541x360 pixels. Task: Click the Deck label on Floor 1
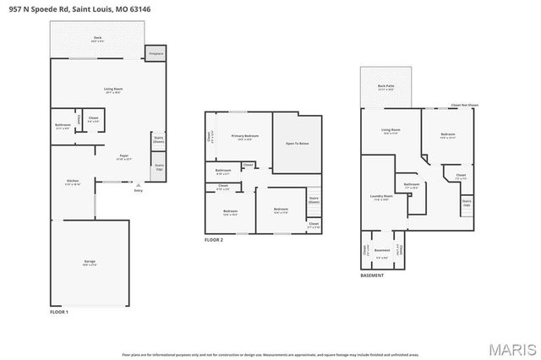tap(98, 39)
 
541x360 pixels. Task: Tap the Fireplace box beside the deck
tap(156, 53)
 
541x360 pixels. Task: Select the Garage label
tap(89, 262)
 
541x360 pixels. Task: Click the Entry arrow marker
tap(138, 188)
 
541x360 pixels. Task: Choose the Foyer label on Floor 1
tap(123, 155)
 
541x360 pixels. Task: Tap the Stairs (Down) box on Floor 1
tap(158, 140)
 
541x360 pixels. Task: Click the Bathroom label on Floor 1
tap(63, 126)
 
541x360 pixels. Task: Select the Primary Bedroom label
tap(245, 136)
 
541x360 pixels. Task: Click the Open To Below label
tap(297, 144)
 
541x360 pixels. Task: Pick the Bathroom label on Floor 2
tap(223, 172)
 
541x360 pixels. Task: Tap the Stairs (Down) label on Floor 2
tap(314, 200)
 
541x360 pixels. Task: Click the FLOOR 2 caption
tap(214, 240)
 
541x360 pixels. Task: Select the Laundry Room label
tap(380, 198)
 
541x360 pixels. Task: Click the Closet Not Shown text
tap(465, 106)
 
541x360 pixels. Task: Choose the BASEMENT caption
tap(372, 275)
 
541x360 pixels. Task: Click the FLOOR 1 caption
tap(59, 313)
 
